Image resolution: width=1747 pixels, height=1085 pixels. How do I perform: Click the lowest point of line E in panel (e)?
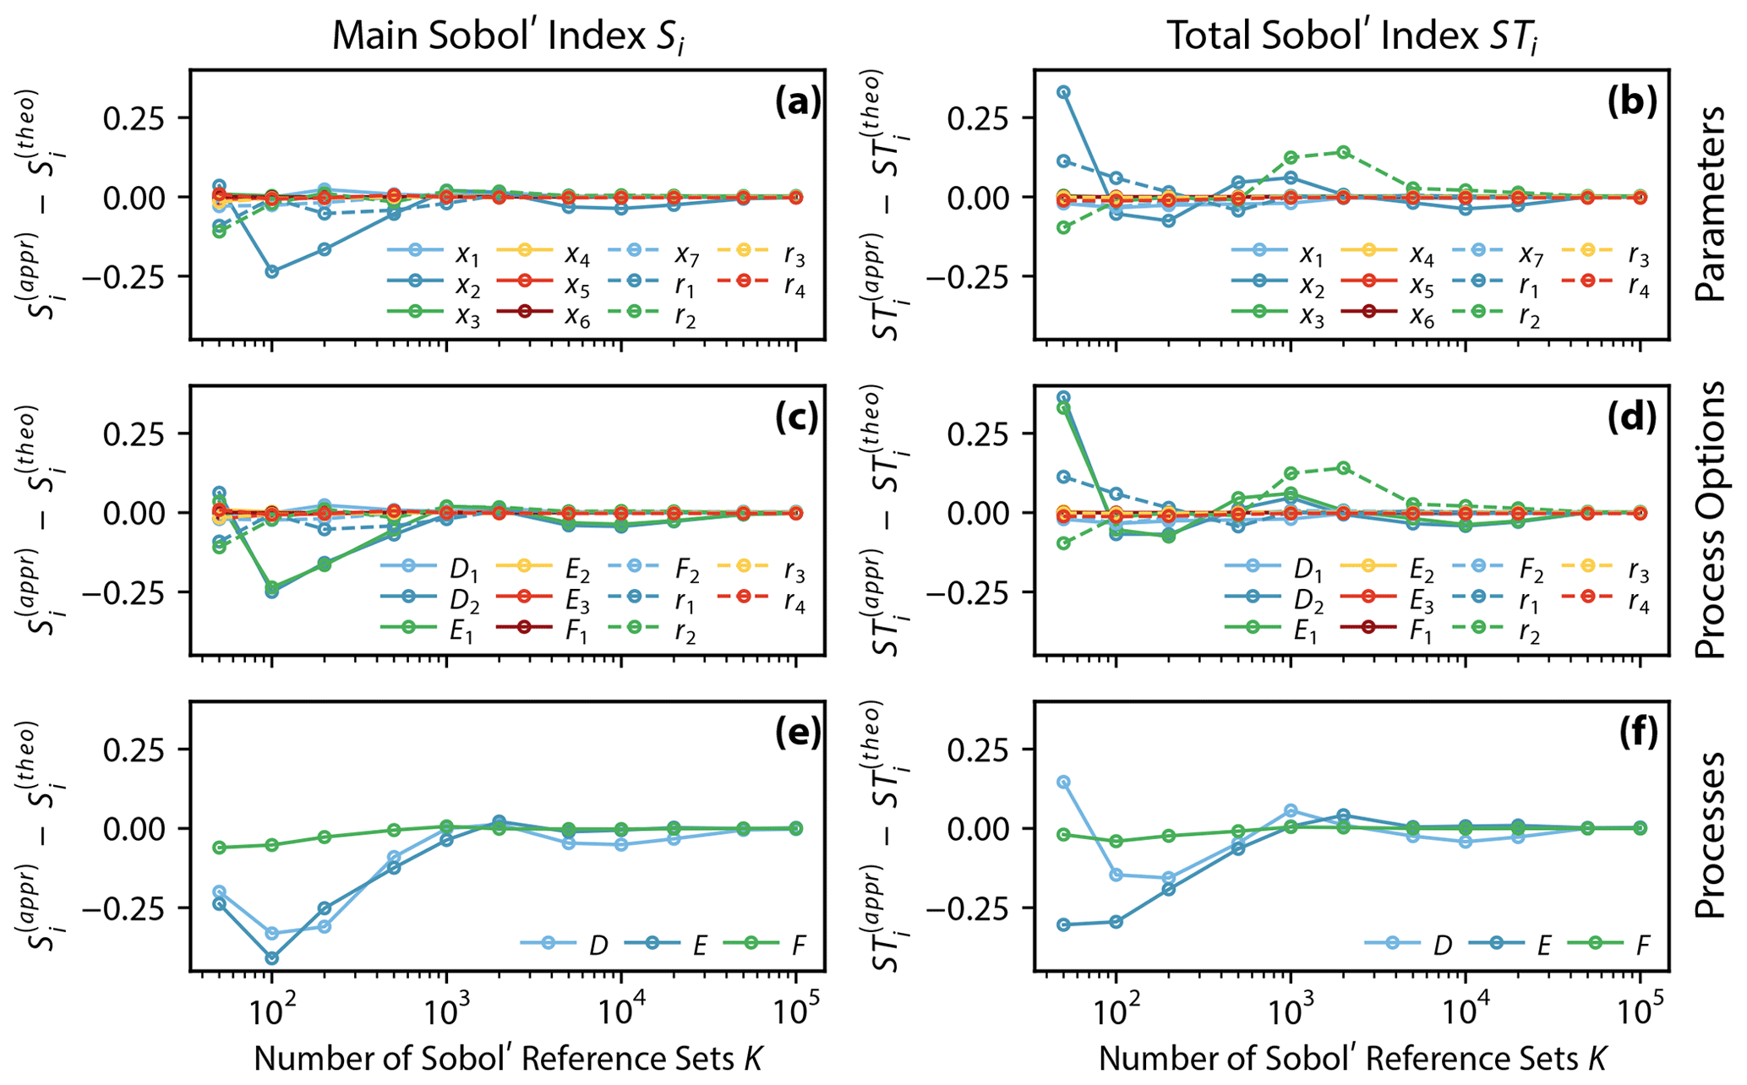(271, 957)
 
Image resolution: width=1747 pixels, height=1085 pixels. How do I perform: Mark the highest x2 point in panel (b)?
(1063, 91)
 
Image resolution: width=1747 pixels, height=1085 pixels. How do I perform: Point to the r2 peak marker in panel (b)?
(1342, 152)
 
